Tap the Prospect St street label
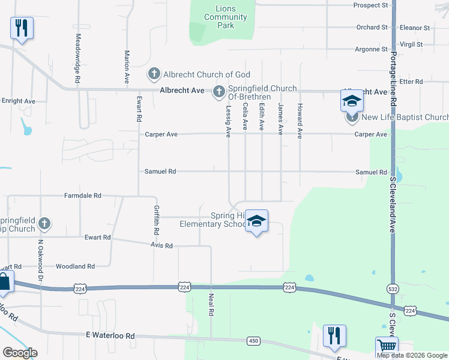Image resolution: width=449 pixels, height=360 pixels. click(x=371, y=5)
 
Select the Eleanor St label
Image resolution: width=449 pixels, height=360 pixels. click(x=415, y=28)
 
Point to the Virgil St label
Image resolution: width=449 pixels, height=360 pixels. click(x=411, y=44)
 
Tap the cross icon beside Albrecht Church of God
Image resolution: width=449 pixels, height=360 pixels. click(x=154, y=74)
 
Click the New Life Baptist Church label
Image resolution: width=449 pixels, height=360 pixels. click(x=406, y=118)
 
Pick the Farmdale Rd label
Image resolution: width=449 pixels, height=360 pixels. click(x=83, y=196)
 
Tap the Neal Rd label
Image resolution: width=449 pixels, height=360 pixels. click(x=211, y=304)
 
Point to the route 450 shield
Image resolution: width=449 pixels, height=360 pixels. click(x=253, y=341)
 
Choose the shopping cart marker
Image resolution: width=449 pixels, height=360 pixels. click(x=387, y=347)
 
